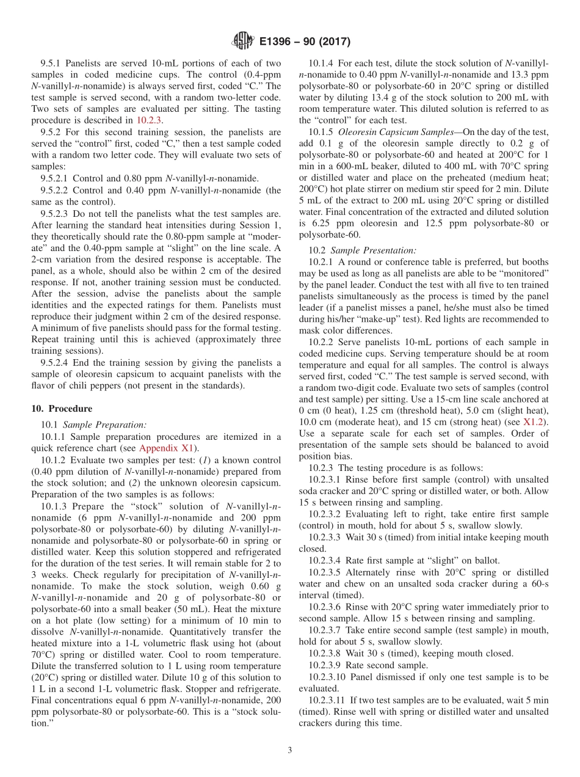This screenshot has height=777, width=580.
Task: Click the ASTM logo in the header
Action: (243, 42)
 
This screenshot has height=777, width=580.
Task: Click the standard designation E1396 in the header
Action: (278, 42)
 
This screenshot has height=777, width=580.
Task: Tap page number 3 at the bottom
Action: (290, 751)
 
